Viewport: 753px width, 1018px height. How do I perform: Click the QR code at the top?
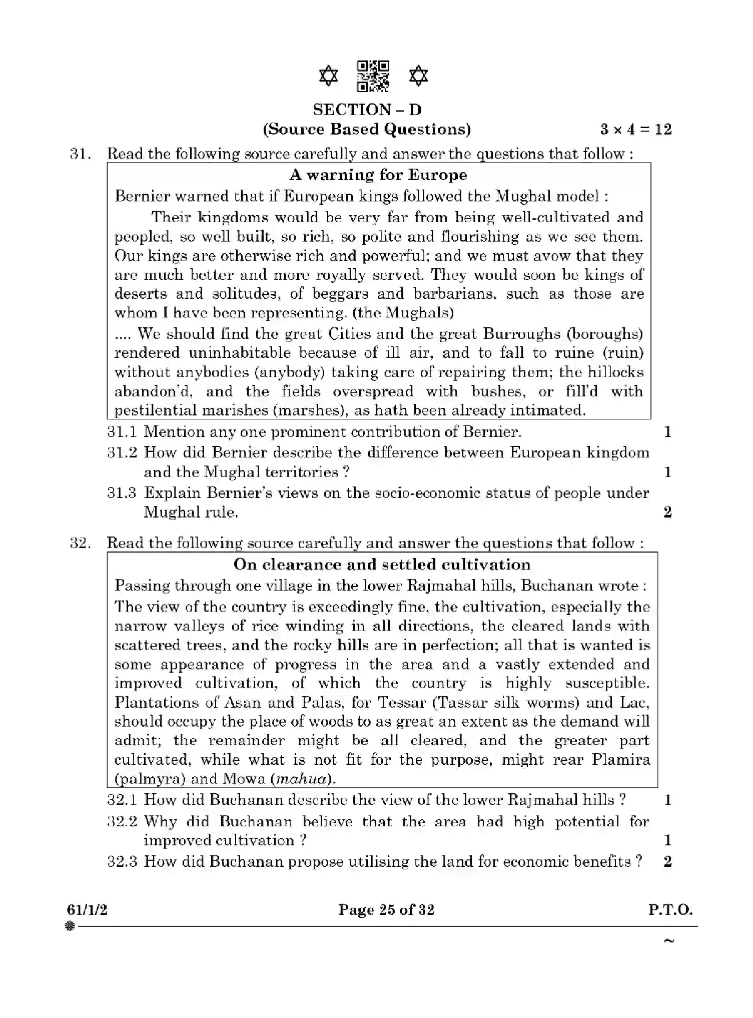[x=373, y=76]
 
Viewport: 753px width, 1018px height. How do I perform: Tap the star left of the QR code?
[x=328, y=77]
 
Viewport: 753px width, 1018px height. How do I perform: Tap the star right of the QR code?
[x=418, y=77]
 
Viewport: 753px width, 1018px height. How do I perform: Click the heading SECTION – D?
[x=367, y=109]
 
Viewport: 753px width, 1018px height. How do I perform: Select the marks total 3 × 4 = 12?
[x=636, y=129]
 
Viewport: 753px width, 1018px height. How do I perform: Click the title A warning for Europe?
[x=378, y=175]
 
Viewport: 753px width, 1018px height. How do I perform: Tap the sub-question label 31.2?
[x=122, y=452]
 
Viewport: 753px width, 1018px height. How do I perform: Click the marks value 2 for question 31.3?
[x=667, y=512]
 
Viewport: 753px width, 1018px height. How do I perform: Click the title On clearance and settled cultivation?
[x=382, y=565]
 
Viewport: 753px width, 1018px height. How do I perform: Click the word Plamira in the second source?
[x=620, y=760]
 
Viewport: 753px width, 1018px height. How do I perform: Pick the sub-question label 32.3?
[x=122, y=861]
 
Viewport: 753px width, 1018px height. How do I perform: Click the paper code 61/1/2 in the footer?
[x=87, y=909]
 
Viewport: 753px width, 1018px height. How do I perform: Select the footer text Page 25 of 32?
[x=386, y=909]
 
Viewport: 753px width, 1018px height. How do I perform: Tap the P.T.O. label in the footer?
[x=670, y=909]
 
